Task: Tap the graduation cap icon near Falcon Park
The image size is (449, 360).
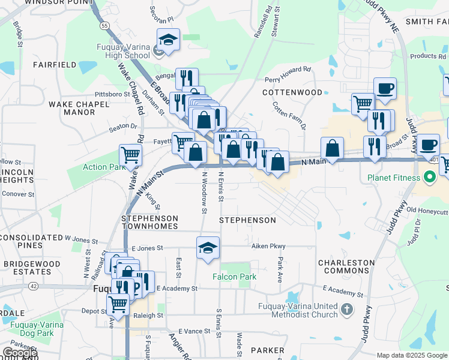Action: (208, 248)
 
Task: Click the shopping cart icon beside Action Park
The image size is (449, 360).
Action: (130, 155)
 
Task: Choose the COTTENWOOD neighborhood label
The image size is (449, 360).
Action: (292, 92)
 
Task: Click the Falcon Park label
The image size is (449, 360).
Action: (234, 277)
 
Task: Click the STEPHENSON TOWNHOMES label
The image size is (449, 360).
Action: (150, 222)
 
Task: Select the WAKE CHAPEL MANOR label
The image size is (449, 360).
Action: (79, 108)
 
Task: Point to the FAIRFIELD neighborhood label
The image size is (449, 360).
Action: (55, 64)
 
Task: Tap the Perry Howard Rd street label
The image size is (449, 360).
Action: (288, 79)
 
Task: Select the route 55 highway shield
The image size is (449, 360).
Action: (104, 26)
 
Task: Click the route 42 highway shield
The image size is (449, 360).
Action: (33, 286)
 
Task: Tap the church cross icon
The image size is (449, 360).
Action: (346, 310)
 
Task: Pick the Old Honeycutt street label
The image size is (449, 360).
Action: (427, 211)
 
